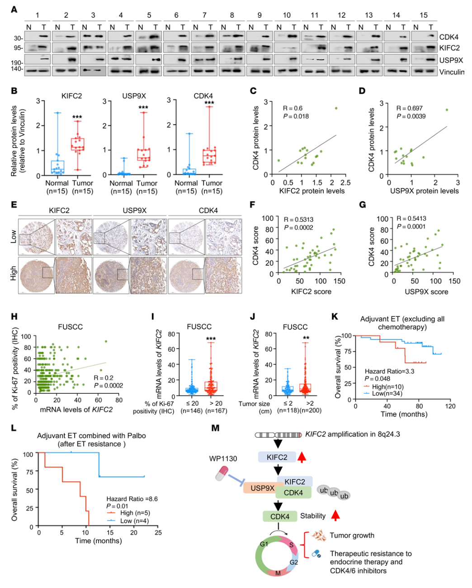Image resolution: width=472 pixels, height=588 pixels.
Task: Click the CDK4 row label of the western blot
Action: (x=448, y=37)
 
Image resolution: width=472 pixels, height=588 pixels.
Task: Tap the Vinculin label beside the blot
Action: (x=451, y=72)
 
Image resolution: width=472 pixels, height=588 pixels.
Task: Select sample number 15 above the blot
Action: (x=423, y=15)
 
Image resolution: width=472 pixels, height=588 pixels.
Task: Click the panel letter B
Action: (x=14, y=91)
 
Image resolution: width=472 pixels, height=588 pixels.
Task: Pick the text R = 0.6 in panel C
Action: (x=293, y=108)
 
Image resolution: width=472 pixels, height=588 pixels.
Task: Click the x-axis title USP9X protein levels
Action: (x=424, y=191)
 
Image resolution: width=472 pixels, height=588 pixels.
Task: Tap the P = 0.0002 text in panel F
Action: (x=298, y=228)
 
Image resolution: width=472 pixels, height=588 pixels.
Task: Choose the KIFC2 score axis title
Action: (x=311, y=292)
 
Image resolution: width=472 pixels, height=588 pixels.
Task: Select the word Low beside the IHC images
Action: (x=13, y=236)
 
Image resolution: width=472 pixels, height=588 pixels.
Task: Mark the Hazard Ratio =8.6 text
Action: (x=132, y=499)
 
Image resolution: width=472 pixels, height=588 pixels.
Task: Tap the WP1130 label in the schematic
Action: (x=223, y=459)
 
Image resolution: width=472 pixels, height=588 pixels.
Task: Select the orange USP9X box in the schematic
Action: (x=263, y=488)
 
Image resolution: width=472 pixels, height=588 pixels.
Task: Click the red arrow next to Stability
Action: (x=335, y=516)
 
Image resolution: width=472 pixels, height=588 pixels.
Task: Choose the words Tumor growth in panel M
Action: (x=352, y=535)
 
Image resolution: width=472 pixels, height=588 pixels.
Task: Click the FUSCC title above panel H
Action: (x=71, y=327)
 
